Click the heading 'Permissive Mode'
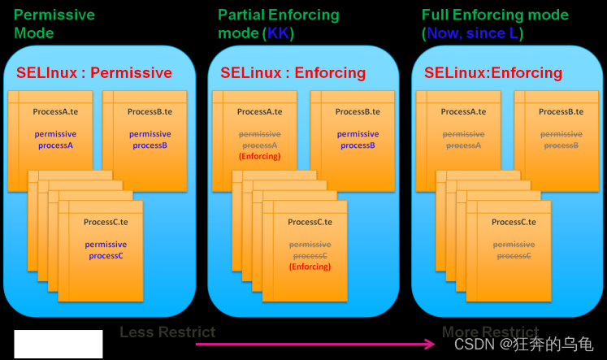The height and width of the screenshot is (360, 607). click(54, 24)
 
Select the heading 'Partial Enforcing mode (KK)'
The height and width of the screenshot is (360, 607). click(278, 24)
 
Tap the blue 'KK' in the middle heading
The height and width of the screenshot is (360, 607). click(279, 33)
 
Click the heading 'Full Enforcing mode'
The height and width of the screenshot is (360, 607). click(495, 15)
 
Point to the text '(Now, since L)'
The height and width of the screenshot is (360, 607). click(472, 33)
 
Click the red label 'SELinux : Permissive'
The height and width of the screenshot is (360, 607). click(94, 73)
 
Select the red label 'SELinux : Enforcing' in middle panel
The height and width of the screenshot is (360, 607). click(293, 73)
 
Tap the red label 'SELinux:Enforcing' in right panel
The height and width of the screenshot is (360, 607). click(492, 73)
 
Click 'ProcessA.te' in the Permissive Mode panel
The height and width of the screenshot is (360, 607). click(55, 111)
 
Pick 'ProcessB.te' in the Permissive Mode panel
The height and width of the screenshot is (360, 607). click(150, 111)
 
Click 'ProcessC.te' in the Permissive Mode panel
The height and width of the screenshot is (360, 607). click(106, 222)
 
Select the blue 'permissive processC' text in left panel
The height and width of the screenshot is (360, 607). click(106, 250)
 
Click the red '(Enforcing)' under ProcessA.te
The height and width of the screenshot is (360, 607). click(259, 156)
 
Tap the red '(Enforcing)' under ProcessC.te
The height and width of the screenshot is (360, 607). click(310, 267)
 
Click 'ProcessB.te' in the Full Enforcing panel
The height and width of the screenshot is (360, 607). click(561, 111)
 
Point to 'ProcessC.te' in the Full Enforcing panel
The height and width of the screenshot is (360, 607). click(514, 222)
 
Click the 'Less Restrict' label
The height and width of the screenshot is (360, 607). click(167, 332)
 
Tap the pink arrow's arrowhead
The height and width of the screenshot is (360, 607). click(430, 344)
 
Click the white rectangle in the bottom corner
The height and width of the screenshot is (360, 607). click(59, 344)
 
